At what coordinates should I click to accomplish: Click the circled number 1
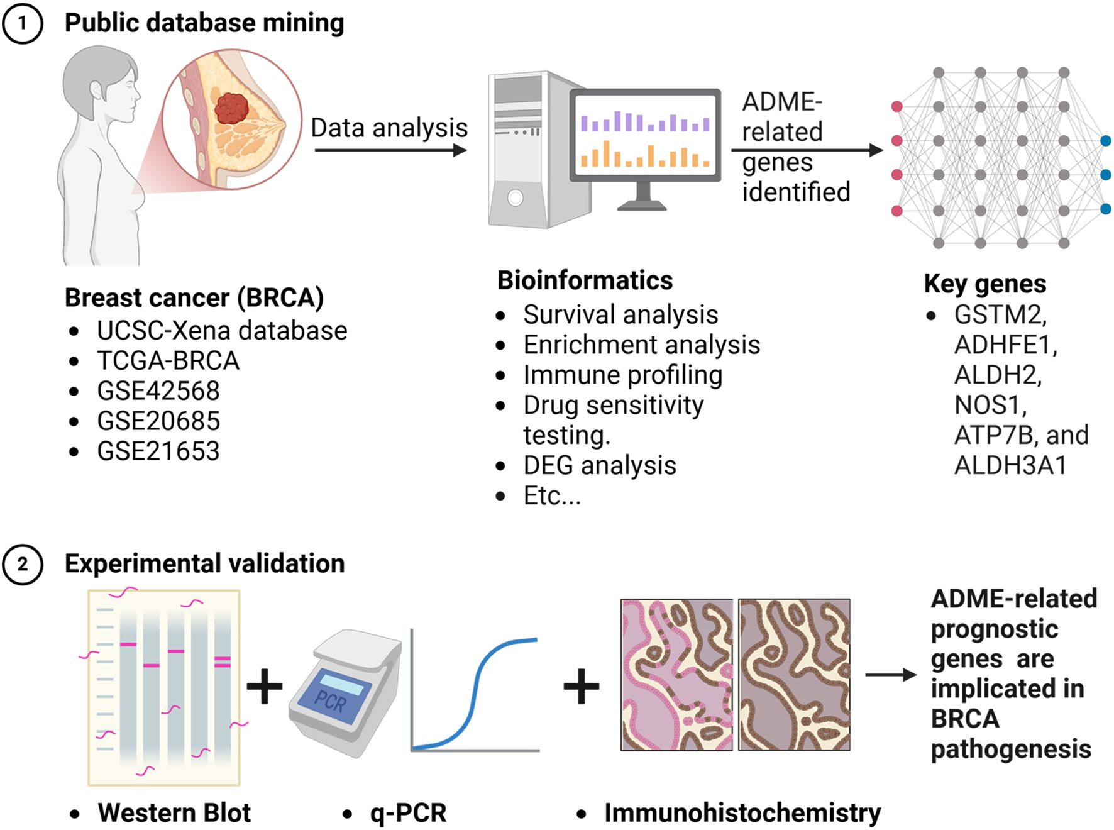pyautogui.click(x=23, y=23)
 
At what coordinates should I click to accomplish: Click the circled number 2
pyautogui.click(x=23, y=564)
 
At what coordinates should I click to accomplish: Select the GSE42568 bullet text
pyautogui.click(x=158, y=390)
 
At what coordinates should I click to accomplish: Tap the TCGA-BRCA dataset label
pyautogui.click(x=168, y=360)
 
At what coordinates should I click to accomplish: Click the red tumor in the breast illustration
pyautogui.click(x=232, y=108)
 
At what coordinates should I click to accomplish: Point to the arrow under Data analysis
pyautogui.click(x=390, y=150)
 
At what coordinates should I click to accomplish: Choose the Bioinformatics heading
pyautogui.click(x=585, y=280)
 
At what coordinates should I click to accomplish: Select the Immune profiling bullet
pyautogui.click(x=622, y=375)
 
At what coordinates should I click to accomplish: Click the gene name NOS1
pyautogui.click(x=990, y=405)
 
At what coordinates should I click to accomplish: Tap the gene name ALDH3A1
pyautogui.click(x=1010, y=465)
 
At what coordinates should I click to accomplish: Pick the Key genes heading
pyautogui.click(x=984, y=284)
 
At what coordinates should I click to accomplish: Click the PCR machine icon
pyautogui.click(x=345, y=692)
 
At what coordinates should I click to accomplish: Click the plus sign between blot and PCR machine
pyautogui.click(x=264, y=686)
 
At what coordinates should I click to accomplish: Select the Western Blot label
pyautogui.click(x=174, y=812)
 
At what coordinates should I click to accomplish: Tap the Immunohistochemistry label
pyautogui.click(x=742, y=812)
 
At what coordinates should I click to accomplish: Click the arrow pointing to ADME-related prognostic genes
pyautogui.click(x=890, y=675)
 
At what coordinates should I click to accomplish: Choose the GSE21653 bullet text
pyautogui.click(x=158, y=451)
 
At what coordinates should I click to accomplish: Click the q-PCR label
pyautogui.click(x=408, y=812)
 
